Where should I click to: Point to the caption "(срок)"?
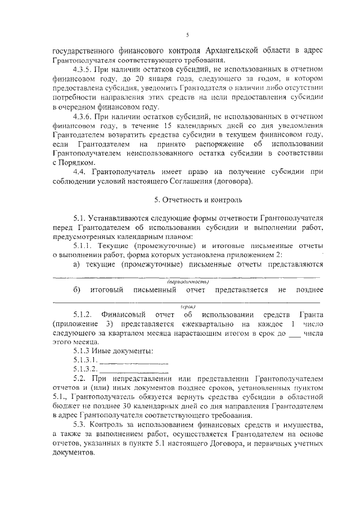187,306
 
